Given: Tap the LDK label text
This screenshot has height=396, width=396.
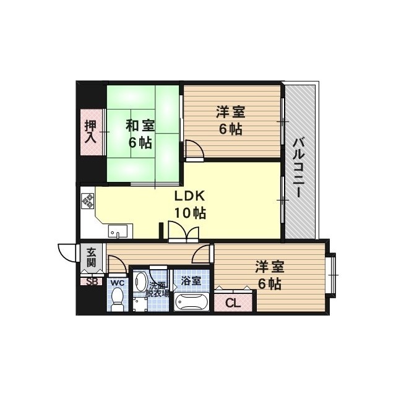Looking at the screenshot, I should click(x=189, y=197).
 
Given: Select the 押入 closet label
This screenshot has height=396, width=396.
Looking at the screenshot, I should click(x=91, y=131).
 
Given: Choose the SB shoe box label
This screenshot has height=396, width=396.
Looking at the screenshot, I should click(x=92, y=282).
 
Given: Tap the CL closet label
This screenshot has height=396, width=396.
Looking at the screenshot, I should click(x=233, y=303).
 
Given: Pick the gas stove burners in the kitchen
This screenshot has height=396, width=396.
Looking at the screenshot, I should click(x=87, y=200).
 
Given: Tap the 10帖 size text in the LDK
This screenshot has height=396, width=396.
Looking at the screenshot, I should click(x=189, y=213).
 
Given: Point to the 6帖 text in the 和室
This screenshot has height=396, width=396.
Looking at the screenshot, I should click(x=140, y=142).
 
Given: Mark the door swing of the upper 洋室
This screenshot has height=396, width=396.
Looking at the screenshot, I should click(x=193, y=149).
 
